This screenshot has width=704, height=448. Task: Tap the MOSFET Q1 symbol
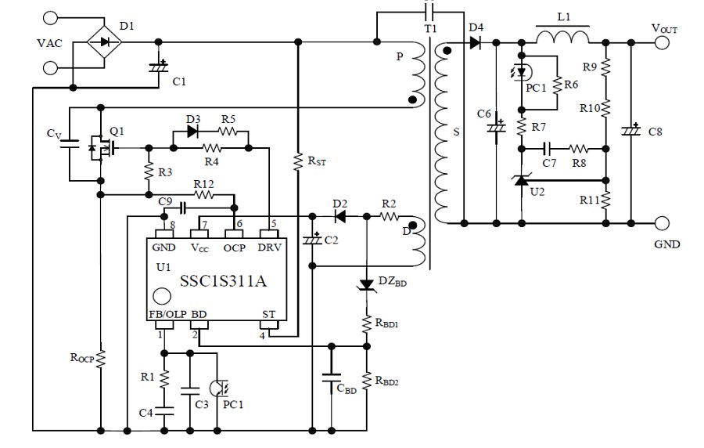(x=99, y=146)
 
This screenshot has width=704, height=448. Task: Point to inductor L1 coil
(x=562, y=38)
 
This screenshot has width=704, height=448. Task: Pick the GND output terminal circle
(x=663, y=223)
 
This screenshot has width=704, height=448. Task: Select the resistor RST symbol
(x=298, y=161)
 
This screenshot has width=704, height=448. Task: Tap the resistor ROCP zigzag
(x=100, y=359)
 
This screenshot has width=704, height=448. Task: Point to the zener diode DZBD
(x=365, y=284)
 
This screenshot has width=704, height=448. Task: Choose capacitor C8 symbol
(x=629, y=131)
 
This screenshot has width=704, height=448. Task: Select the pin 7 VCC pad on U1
(x=199, y=233)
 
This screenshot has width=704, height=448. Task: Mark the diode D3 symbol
(x=192, y=131)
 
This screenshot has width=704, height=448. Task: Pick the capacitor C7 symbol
(x=548, y=147)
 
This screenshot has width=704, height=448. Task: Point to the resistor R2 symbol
(x=389, y=215)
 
